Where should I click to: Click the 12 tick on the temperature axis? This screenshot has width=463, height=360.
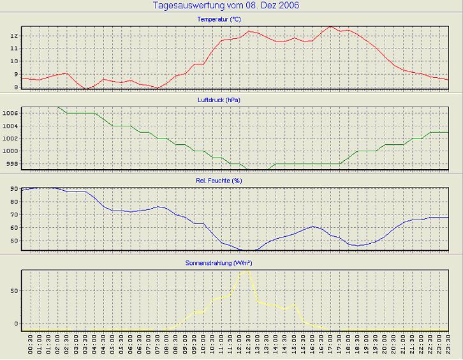pyautogui.click(x=13, y=35)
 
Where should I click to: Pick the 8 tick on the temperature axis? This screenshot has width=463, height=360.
pyautogui.click(x=15, y=87)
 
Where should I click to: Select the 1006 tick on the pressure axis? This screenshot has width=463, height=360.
pyautogui.click(x=10, y=113)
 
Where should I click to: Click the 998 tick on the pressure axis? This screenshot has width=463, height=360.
pyautogui.click(x=12, y=164)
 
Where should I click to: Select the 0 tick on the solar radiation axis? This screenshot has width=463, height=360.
pyautogui.click(x=15, y=323)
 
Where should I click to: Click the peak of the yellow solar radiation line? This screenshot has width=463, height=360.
pyautogui.click(x=247, y=270)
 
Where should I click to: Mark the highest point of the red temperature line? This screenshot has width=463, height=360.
pyautogui.click(x=330, y=27)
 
